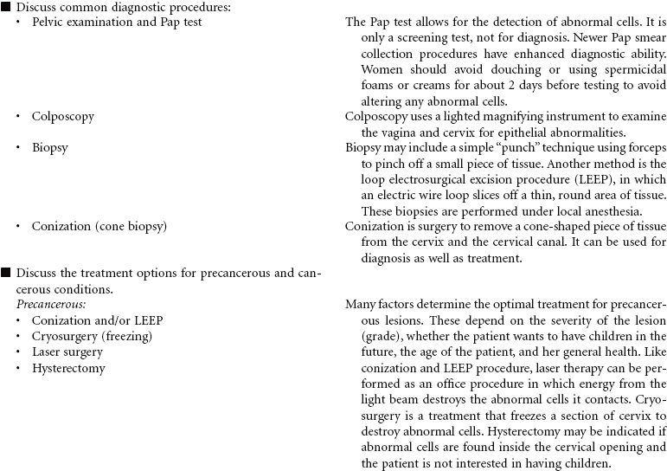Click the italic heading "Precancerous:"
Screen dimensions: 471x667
pyautogui.click(x=51, y=305)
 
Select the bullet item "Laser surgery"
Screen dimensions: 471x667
pyautogui.click(x=67, y=352)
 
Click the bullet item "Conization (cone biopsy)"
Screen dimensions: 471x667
pyautogui.click(x=99, y=226)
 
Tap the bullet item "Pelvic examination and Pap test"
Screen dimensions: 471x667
pyautogui.click(x=117, y=23)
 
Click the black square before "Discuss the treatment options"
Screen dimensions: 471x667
pyautogui.click(x=6, y=273)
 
